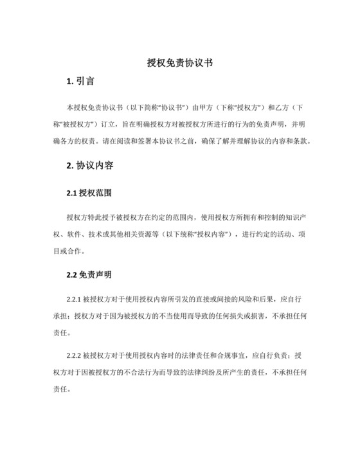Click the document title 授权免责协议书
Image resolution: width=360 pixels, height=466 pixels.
[179, 63]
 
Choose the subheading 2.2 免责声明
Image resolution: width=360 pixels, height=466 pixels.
[90, 275]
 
